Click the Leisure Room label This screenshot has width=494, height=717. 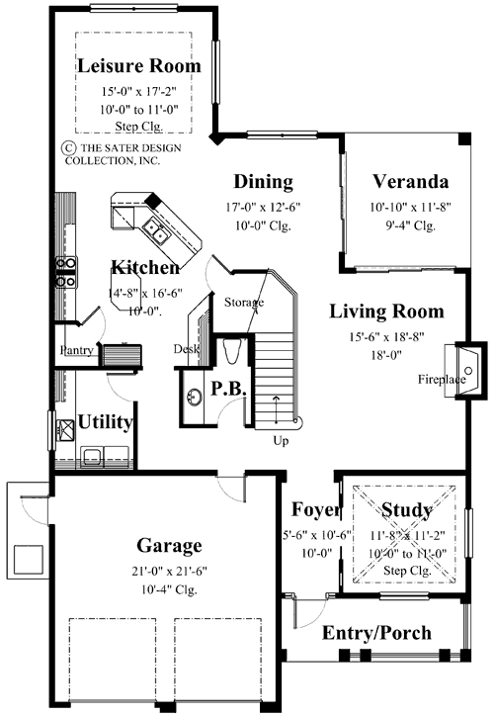139,66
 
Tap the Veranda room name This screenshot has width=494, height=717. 411,182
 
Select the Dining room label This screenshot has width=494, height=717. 263,182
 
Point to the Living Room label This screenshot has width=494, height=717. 386,312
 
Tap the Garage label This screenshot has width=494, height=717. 169,545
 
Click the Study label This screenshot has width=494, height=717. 407,510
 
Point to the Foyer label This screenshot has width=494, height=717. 316,510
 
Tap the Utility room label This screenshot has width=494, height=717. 106,423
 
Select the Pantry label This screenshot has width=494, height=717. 76,350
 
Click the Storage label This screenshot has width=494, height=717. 243,302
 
